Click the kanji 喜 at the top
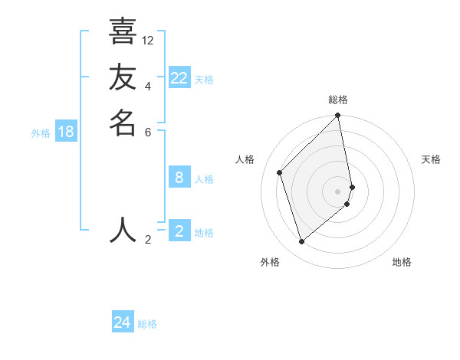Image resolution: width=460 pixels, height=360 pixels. [x=123, y=31]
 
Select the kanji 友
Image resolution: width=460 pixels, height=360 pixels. [x=123, y=77]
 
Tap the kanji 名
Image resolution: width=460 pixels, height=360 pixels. [x=123, y=123]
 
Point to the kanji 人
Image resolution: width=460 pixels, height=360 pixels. [x=123, y=230]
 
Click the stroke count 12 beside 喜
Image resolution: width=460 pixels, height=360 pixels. [x=148, y=40]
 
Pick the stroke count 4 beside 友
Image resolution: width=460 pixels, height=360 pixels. [x=148, y=86]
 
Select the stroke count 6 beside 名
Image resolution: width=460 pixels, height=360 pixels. [x=148, y=131]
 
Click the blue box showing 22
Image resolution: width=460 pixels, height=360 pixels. [x=179, y=78]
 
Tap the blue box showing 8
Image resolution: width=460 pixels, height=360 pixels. [x=179, y=178]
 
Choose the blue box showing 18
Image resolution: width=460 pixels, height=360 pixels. [x=66, y=132]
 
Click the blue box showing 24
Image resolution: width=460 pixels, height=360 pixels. [x=123, y=322]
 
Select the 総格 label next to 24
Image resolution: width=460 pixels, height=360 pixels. [x=147, y=324]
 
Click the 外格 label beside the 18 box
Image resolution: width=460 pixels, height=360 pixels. [x=41, y=133]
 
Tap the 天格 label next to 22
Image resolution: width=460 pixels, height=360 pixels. [x=204, y=80]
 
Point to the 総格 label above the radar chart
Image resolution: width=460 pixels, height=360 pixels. [x=338, y=100]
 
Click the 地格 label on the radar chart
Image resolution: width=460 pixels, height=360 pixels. [x=402, y=262]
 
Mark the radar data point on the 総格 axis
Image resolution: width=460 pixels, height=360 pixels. [x=338, y=116]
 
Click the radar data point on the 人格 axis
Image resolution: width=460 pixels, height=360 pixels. [x=280, y=172]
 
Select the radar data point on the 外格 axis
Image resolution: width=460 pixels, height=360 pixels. [x=301, y=242]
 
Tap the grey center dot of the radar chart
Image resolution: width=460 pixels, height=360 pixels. [x=338, y=191]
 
